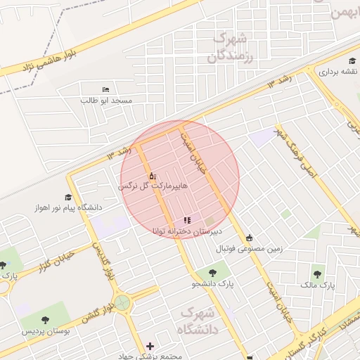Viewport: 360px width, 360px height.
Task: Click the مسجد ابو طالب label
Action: [x=106, y=101]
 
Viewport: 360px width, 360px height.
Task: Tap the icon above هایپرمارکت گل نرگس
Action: [x=152, y=175]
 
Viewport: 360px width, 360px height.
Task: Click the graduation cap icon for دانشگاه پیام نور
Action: [x=68, y=198]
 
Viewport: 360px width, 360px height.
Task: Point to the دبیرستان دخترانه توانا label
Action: [x=188, y=231]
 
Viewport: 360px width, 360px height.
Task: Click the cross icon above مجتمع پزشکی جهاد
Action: [x=150, y=346]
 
